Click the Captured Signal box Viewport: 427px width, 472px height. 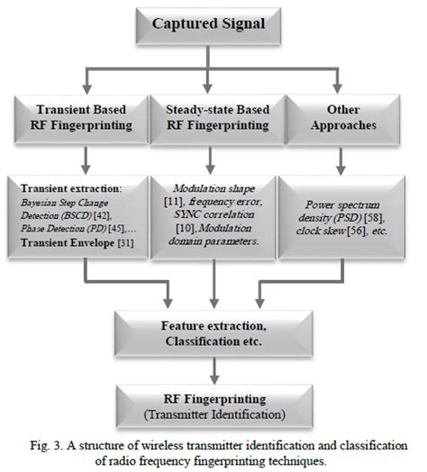click(x=208, y=26)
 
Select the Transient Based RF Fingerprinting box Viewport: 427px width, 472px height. click(x=81, y=119)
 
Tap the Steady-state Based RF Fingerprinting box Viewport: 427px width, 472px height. click(x=217, y=119)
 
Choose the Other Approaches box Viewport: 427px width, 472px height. click(x=343, y=119)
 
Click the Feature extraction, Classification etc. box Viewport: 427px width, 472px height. click(x=213, y=333)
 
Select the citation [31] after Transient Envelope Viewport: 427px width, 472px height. click(x=125, y=242)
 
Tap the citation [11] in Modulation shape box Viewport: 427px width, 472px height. click(x=174, y=202)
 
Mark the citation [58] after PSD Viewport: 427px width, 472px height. click(x=374, y=218)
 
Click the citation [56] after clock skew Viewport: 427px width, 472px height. click(x=357, y=231)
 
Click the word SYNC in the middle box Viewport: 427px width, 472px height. click(x=185, y=214)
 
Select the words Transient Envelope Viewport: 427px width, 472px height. click(x=68, y=242)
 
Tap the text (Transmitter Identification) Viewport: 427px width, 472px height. click(x=214, y=414)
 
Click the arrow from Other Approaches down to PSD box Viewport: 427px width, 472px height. click(x=341, y=161)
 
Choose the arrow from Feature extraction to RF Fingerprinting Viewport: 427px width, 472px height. click(x=214, y=371)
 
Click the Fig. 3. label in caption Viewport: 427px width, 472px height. click(x=46, y=446)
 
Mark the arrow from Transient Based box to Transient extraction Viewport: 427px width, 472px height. click(x=86, y=160)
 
